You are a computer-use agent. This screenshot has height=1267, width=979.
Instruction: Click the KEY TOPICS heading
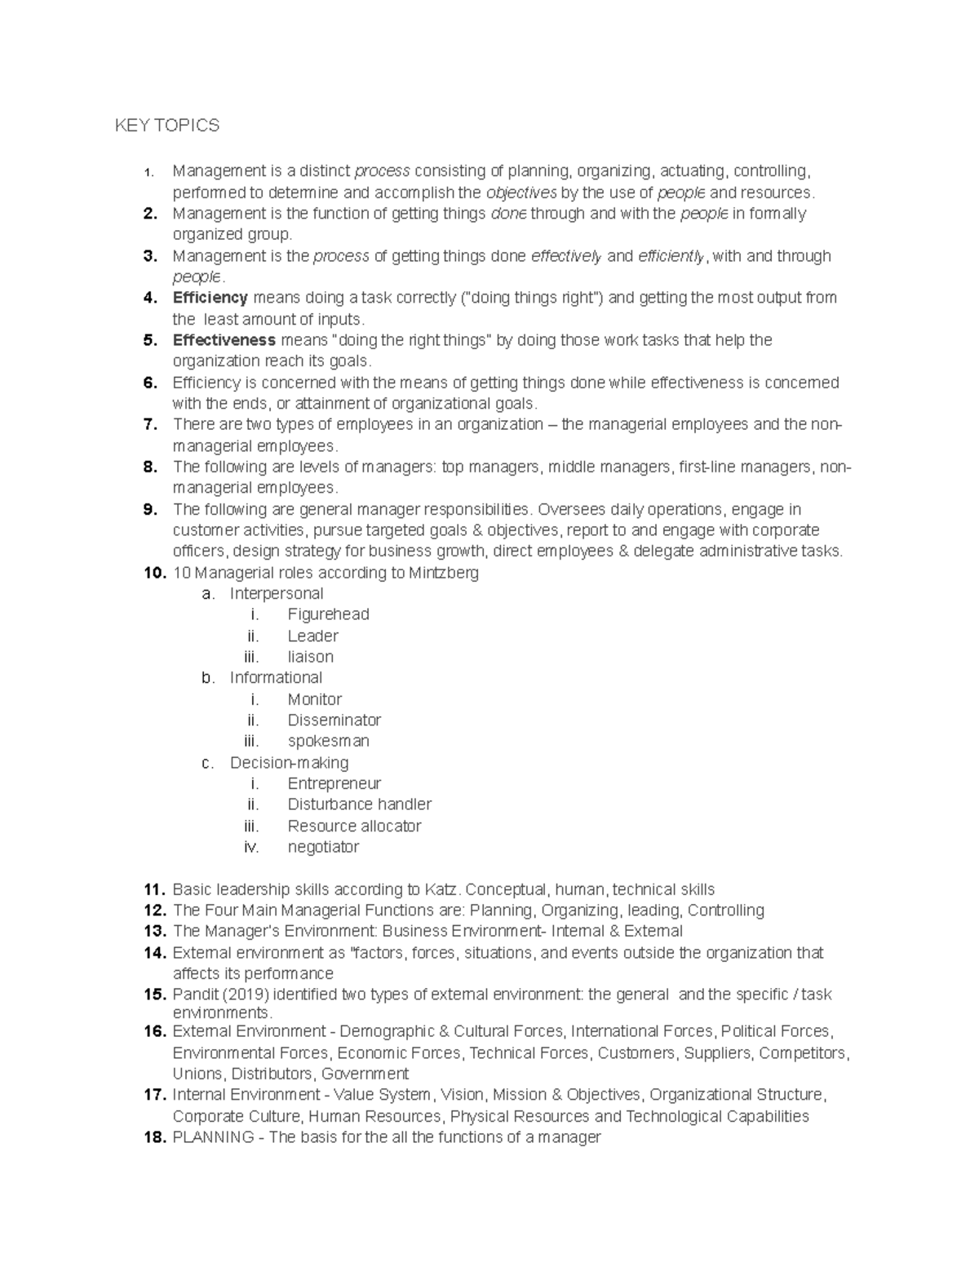pos(167,126)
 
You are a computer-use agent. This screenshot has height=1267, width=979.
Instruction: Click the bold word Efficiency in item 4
pos(210,298)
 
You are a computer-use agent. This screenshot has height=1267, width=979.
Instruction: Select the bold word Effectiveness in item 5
pos(224,340)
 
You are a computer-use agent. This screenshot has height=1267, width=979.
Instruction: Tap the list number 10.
pos(153,573)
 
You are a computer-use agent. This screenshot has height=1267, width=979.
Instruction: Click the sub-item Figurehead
pos(328,614)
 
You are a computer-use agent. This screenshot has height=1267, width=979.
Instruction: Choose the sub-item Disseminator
pos(334,720)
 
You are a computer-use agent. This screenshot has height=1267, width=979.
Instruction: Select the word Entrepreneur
pos(334,783)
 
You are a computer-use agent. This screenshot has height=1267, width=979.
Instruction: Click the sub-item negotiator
pos(323,847)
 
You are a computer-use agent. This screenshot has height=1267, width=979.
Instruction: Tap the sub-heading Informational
pos(276,678)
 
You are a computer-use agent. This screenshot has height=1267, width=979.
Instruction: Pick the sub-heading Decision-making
pos(289,763)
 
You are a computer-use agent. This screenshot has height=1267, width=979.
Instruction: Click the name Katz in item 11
pos(442,889)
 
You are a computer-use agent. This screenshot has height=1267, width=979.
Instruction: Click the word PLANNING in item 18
pos(213,1137)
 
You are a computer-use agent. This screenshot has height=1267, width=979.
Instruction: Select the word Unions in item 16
pos(197,1074)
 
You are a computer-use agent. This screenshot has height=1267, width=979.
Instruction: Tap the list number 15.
pos(154,995)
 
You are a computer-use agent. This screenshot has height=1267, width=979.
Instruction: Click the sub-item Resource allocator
pos(354,826)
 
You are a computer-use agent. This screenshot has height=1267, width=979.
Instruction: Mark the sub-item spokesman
pos(328,742)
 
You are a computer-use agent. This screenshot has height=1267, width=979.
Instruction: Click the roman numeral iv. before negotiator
pos(251,847)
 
